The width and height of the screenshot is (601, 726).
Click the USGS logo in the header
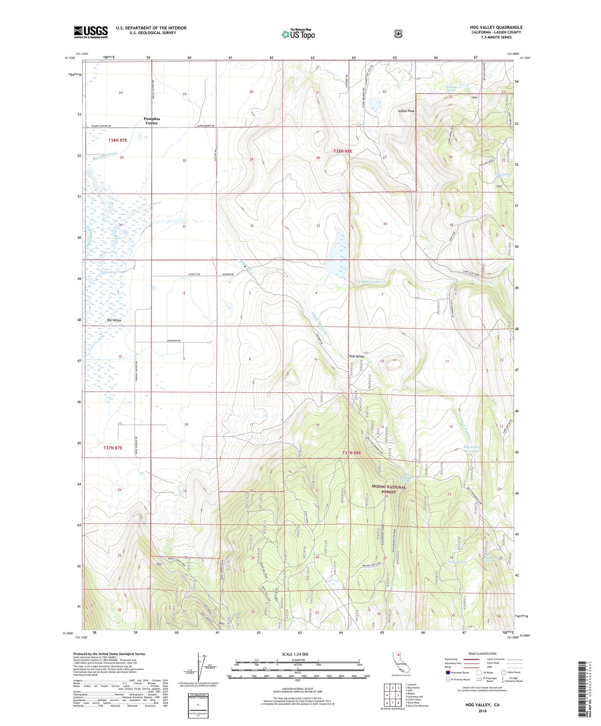91,32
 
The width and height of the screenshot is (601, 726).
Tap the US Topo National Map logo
298,34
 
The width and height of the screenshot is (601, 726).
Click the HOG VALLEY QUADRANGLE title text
496,27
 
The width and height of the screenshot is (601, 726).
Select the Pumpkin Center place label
151,121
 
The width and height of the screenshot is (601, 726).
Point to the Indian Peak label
406,111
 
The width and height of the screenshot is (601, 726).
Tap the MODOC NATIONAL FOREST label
389,489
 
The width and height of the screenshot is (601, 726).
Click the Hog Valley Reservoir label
471,449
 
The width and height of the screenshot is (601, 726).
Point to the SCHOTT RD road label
194,274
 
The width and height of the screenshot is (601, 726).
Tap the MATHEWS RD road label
174,341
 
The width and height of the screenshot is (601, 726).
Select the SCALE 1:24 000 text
295,654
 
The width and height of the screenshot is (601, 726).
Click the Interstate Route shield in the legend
448,672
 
